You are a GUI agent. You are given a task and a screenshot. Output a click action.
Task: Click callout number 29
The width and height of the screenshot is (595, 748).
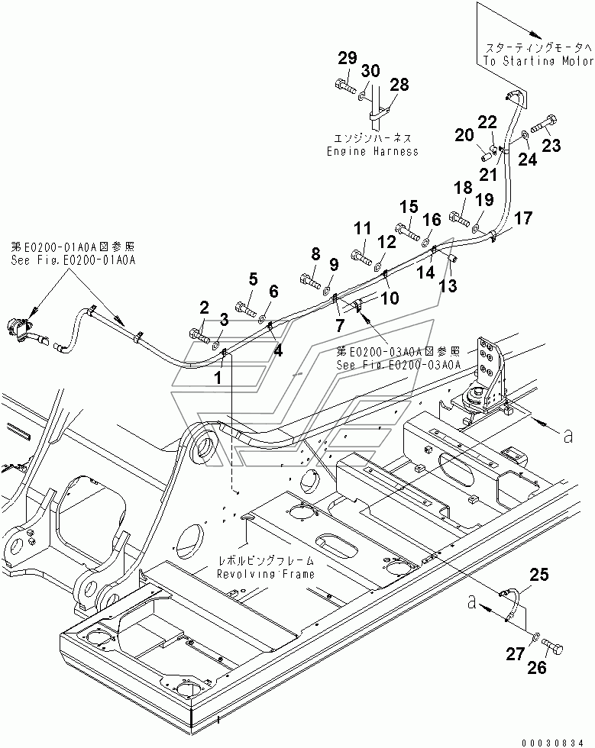(348, 58)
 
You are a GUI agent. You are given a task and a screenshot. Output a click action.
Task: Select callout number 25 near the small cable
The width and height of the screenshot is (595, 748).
(539, 575)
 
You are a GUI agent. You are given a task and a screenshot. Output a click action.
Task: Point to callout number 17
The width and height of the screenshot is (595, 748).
(523, 218)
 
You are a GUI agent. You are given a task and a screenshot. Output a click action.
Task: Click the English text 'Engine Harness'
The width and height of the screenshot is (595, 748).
(373, 152)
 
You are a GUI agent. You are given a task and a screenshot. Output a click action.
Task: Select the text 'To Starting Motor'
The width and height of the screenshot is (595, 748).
(538, 61)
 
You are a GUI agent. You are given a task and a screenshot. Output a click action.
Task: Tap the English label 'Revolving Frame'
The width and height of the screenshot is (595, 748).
(266, 573)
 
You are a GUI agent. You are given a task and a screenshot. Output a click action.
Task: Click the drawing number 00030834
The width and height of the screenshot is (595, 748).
(552, 743)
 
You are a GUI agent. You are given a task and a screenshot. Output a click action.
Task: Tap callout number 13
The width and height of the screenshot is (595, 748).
(449, 285)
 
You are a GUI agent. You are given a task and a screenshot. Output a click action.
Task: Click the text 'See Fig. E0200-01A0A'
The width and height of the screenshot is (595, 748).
(73, 260)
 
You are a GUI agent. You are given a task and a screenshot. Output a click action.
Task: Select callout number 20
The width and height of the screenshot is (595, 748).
(464, 136)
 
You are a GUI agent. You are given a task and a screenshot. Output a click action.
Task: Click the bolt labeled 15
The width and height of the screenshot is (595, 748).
(408, 233)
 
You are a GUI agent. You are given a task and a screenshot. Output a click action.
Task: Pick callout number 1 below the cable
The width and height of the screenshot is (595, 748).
(218, 379)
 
